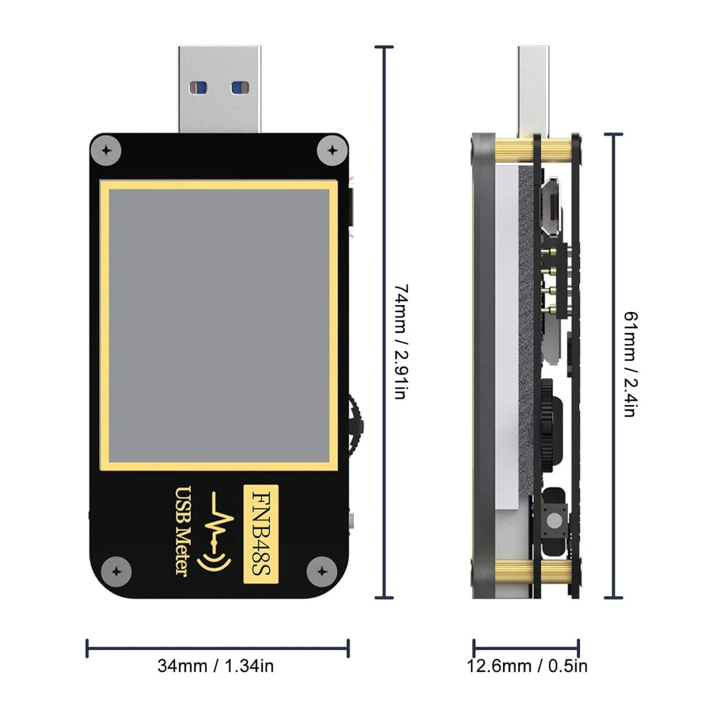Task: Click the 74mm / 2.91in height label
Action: [x=400, y=342]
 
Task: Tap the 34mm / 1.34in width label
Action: [x=216, y=666]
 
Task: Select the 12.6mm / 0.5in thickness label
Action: [x=527, y=666]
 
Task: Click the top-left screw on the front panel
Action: [x=107, y=150]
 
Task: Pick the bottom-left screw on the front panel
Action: [x=117, y=570]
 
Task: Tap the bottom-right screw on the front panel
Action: [x=322, y=570]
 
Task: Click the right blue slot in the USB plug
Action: [x=238, y=88]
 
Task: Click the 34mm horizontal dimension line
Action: [x=218, y=648]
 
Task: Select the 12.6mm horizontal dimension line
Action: [x=526, y=648]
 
